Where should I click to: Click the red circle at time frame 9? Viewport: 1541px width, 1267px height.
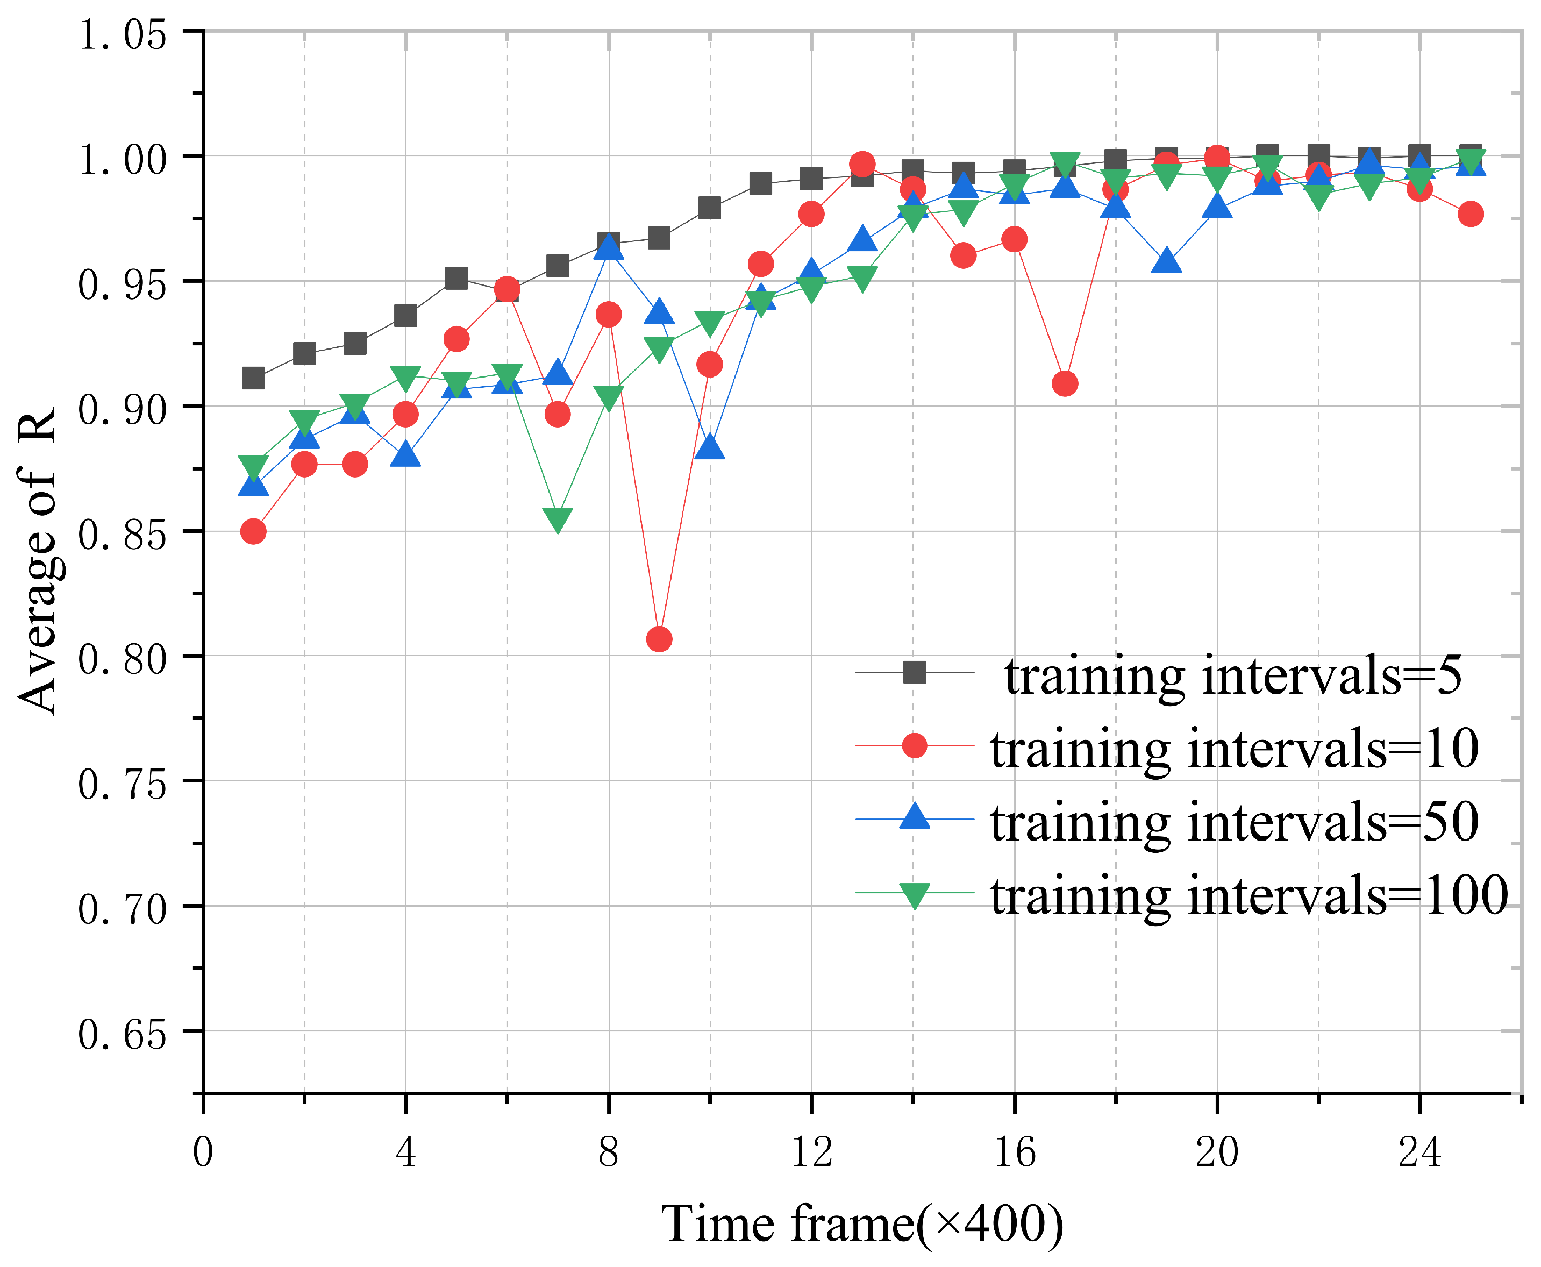click(x=659, y=639)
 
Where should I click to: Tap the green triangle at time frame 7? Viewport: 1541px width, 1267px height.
click(x=558, y=519)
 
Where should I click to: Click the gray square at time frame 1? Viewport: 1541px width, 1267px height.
click(x=253, y=378)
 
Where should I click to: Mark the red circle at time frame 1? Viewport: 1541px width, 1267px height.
click(x=253, y=531)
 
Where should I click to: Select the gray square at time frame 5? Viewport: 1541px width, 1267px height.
click(x=456, y=278)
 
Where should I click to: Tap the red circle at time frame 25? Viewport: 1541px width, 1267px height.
click(x=1470, y=214)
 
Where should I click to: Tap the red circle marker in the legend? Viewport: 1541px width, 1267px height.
click(x=914, y=746)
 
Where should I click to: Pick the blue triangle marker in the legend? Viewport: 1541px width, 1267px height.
click(x=914, y=817)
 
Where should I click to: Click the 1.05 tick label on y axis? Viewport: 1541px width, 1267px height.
click(x=123, y=35)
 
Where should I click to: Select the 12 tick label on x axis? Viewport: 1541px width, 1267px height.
click(x=811, y=1152)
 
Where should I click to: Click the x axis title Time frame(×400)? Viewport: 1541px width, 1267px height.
click(x=862, y=1223)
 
